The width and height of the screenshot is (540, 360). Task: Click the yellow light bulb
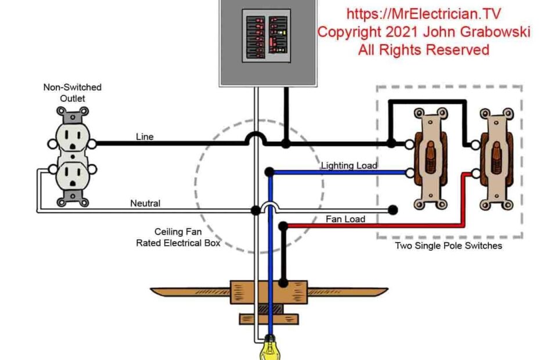[x=271, y=350]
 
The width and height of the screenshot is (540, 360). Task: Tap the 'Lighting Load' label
[x=349, y=165]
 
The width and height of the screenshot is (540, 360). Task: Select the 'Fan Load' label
[x=345, y=219]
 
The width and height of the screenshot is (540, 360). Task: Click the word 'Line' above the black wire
[x=145, y=137]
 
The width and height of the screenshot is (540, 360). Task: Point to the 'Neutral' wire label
[x=145, y=203]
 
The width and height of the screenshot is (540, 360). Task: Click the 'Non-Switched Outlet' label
[x=73, y=93]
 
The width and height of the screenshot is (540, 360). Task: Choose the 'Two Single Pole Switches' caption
[x=448, y=246]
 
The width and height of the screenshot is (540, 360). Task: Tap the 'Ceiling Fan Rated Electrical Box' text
[x=178, y=237]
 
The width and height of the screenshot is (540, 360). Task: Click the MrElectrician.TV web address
[x=423, y=13]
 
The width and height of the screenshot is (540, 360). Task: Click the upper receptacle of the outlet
[x=73, y=138]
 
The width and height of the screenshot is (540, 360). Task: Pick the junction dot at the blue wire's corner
[x=269, y=172]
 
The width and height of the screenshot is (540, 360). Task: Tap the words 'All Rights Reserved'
[x=423, y=50]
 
